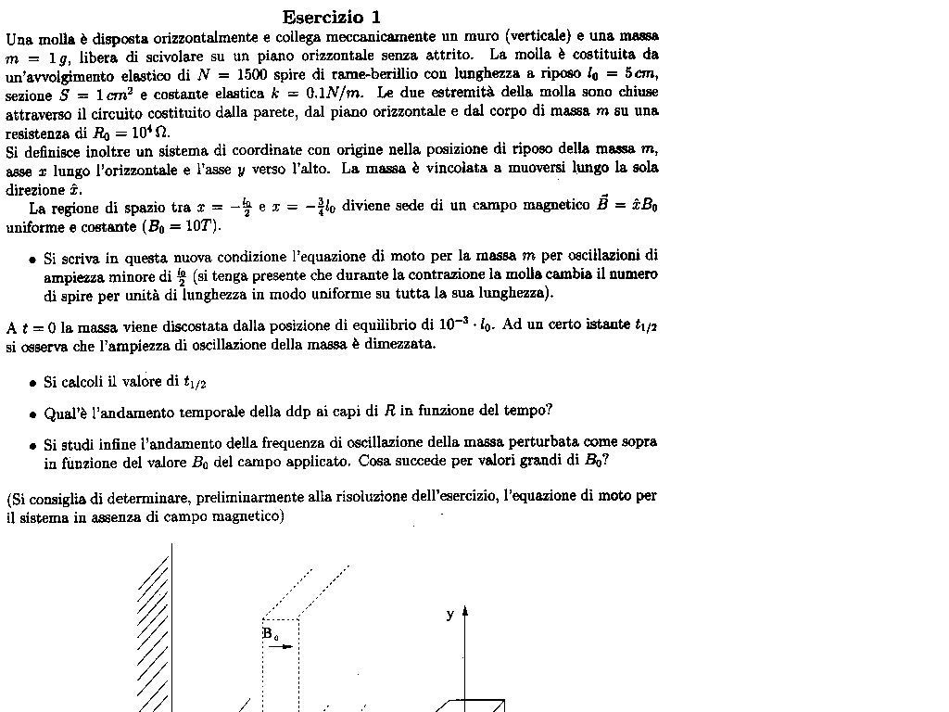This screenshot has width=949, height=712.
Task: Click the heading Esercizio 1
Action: tap(331, 17)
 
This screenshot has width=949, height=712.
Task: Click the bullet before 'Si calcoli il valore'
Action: tap(32, 383)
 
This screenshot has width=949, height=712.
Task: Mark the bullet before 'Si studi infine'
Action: tap(32, 445)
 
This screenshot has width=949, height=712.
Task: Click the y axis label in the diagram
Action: tap(450, 614)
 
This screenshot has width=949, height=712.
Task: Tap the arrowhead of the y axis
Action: tap(464, 611)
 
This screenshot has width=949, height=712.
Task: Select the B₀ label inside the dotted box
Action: tap(270, 634)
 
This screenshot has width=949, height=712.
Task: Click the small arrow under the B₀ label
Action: tap(281, 647)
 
